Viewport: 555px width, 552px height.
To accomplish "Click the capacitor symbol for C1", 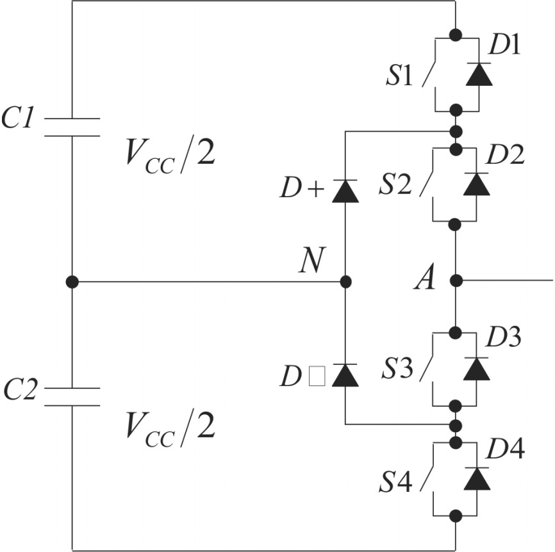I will tap(72, 127).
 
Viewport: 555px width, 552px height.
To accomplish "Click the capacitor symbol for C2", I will tap(72, 396).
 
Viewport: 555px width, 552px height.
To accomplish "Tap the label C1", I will tap(21, 119).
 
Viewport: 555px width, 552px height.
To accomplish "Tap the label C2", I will tap(22, 388).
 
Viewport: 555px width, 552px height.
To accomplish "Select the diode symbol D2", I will tap(476, 184).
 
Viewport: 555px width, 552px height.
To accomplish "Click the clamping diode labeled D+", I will tap(345, 191).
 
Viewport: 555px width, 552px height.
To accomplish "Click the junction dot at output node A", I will tap(456, 280).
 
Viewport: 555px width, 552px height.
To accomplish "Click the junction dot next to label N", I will tap(345, 281).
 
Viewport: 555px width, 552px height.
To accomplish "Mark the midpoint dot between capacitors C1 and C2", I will tap(72, 281).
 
